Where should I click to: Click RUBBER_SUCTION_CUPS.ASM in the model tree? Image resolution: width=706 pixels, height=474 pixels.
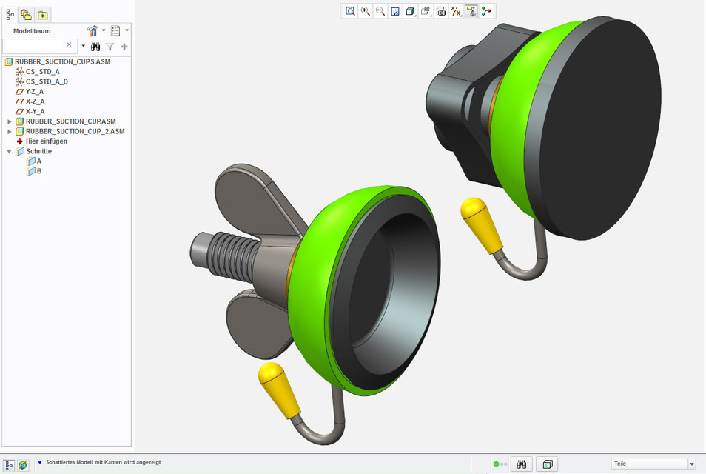pyautogui.click(x=62, y=61)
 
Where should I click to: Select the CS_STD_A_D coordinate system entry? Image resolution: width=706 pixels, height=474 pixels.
pyautogui.click(x=46, y=81)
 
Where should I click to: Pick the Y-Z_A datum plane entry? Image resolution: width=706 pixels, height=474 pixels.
pyautogui.click(x=35, y=92)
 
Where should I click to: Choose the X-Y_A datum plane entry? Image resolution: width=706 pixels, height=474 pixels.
pyautogui.click(x=35, y=111)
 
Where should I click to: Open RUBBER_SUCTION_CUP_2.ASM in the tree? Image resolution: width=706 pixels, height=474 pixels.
pyautogui.click(x=75, y=131)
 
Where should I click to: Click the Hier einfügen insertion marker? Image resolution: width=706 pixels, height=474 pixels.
pyautogui.click(x=46, y=141)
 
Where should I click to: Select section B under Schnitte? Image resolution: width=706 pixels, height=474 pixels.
pyautogui.click(x=39, y=171)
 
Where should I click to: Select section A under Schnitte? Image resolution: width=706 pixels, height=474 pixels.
pyautogui.click(x=39, y=161)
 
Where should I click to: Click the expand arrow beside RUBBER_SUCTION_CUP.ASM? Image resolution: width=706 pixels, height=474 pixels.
pyautogui.click(x=10, y=121)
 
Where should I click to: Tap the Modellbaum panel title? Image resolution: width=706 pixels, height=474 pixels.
pyautogui.click(x=32, y=31)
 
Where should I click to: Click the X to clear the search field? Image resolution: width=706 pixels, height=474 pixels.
pyautogui.click(x=70, y=45)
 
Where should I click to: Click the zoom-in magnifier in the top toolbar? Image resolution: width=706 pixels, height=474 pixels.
pyautogui.click(x=366, y=11)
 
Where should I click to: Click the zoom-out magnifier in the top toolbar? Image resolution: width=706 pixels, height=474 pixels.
pyautogui.click(x=380, y=11)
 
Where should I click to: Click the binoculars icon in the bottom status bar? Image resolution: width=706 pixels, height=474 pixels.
pyautogui.click(x=522, y=464)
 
